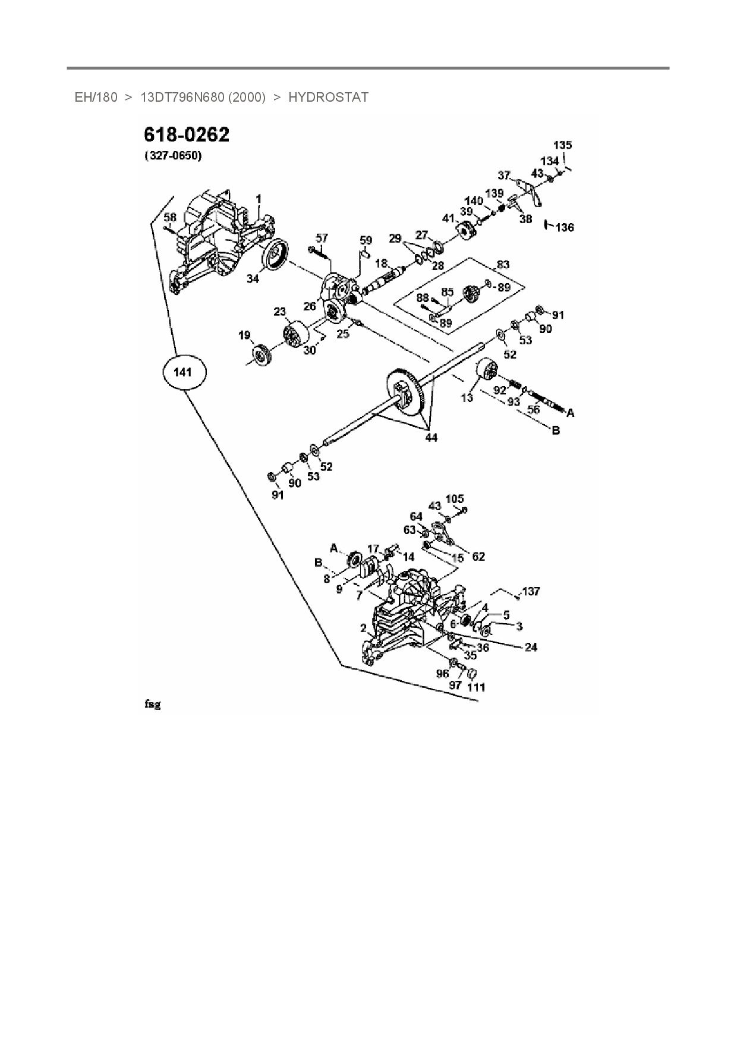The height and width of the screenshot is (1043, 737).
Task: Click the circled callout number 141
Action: click(183, 373)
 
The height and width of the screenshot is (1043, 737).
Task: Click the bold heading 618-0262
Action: click(186, 136)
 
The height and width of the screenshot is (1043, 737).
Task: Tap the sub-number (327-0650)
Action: click(173, 156)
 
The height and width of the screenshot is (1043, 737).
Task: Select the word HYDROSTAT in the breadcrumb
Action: click(328, 97)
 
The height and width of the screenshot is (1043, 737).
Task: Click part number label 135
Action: click(562, 145)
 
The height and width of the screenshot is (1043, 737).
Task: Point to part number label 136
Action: click(565, 227)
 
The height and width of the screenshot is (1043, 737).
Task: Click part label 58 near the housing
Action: click(170, 218)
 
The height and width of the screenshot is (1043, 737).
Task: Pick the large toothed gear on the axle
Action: click(410, 395)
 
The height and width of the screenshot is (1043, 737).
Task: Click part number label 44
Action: click(431, 438)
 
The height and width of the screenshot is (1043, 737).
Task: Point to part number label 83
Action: click(503, 265)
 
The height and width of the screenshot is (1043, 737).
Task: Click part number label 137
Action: click(531, 591)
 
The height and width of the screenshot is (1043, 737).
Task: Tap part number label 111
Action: click(476, 687)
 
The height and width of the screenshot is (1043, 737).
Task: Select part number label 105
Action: click(454, 499)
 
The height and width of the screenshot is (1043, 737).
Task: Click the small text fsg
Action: click(152, 705)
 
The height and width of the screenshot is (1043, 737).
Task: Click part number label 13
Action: click(467, 397)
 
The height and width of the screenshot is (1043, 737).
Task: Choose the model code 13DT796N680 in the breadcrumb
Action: click(203, 97)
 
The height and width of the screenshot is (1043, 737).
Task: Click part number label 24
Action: click(531, 646)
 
